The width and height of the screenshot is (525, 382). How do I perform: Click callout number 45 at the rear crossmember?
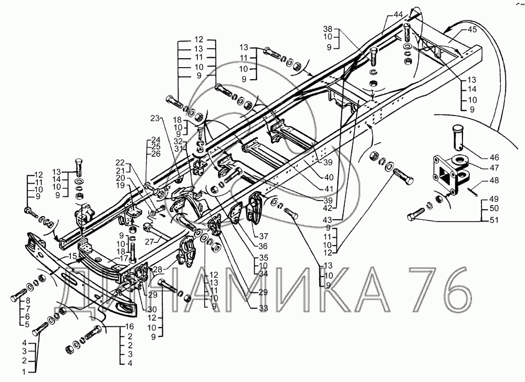click(472, 30)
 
